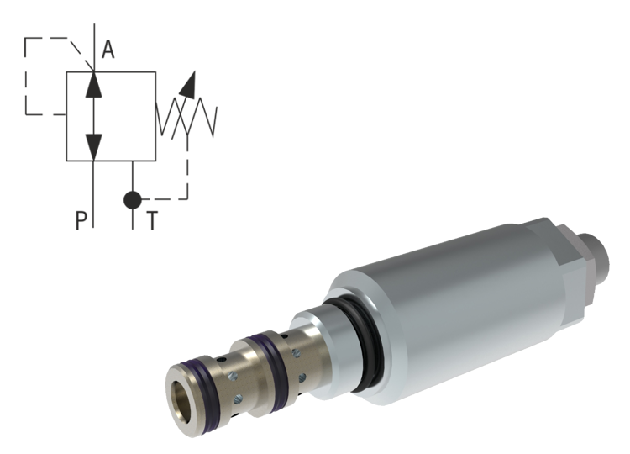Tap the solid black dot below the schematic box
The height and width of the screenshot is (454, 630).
point(136,202)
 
